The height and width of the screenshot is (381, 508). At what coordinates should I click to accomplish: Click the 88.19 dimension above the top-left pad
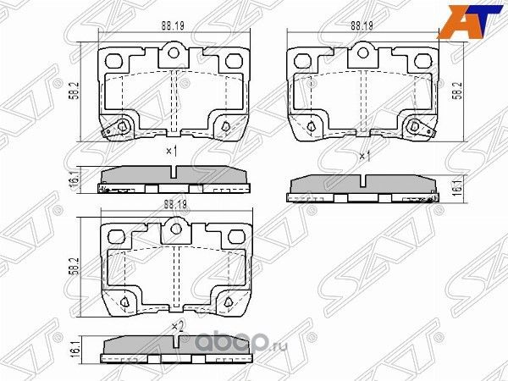tap(175, 25)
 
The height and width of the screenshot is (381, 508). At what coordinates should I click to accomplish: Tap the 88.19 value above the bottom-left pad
tap(175, 203)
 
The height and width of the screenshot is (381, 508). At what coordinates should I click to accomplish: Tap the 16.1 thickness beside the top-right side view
tap(456, 187)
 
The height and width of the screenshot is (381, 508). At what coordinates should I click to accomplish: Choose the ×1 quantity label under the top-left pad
tap(170, 152)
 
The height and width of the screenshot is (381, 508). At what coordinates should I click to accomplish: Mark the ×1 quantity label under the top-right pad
tap(365, 157)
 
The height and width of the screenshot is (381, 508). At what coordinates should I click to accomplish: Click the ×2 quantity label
tap(176, 325)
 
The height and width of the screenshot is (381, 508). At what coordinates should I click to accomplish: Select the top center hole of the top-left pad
tap(175, 56)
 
